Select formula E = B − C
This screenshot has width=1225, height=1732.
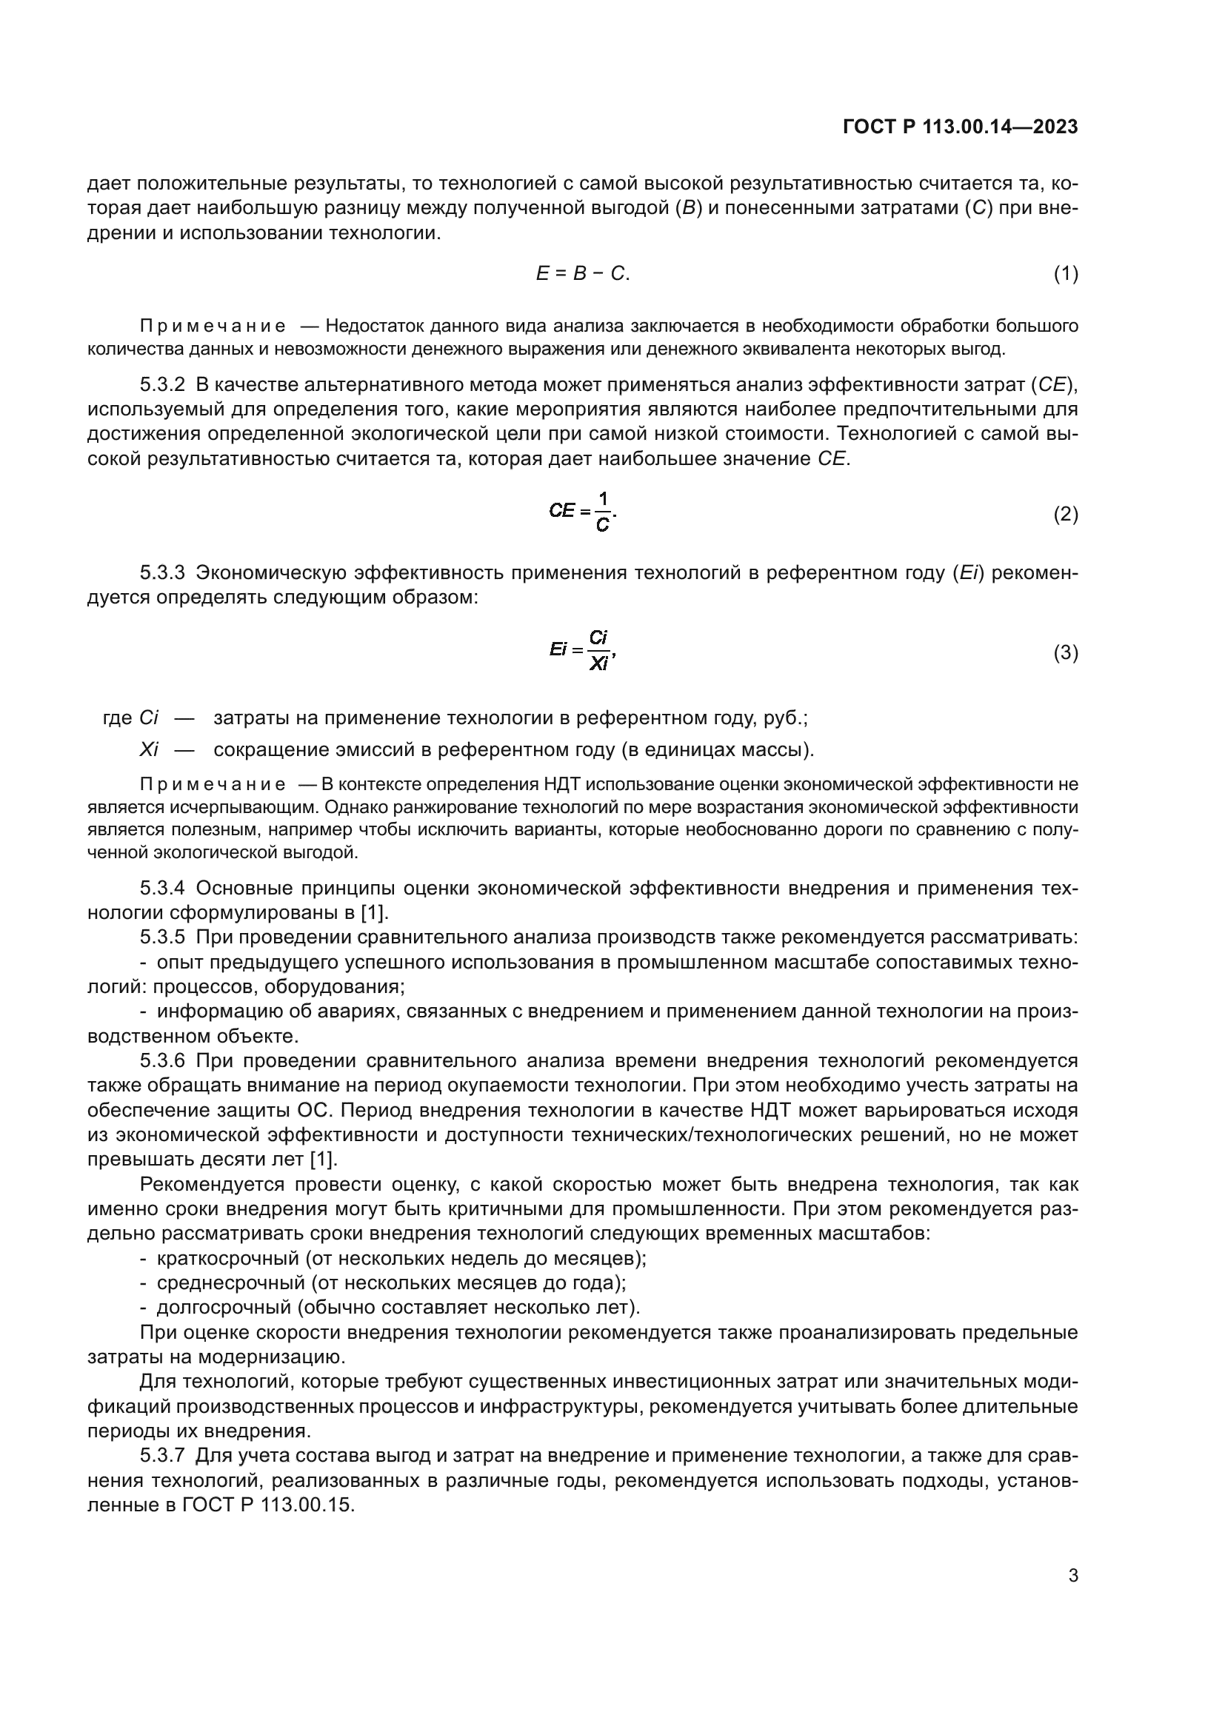coord(582,274)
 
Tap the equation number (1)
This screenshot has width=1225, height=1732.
coord(1065,274)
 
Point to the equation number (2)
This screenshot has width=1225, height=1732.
coord(1065,515)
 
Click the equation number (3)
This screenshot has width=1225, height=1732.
coord(1065,652)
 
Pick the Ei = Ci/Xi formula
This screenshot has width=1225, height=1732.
coord(582,649)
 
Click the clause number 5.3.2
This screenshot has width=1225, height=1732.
coord(162,386)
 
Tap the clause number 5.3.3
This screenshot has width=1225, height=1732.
coord(162,572)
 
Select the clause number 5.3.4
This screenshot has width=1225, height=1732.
coord(162,888)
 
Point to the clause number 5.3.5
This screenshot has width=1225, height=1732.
coord(162,937)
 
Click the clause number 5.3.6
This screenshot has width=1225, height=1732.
coord(162,1061)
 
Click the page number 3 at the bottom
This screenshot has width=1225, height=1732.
coord(1072,1575)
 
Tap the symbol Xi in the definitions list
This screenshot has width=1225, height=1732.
coord(149,750)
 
